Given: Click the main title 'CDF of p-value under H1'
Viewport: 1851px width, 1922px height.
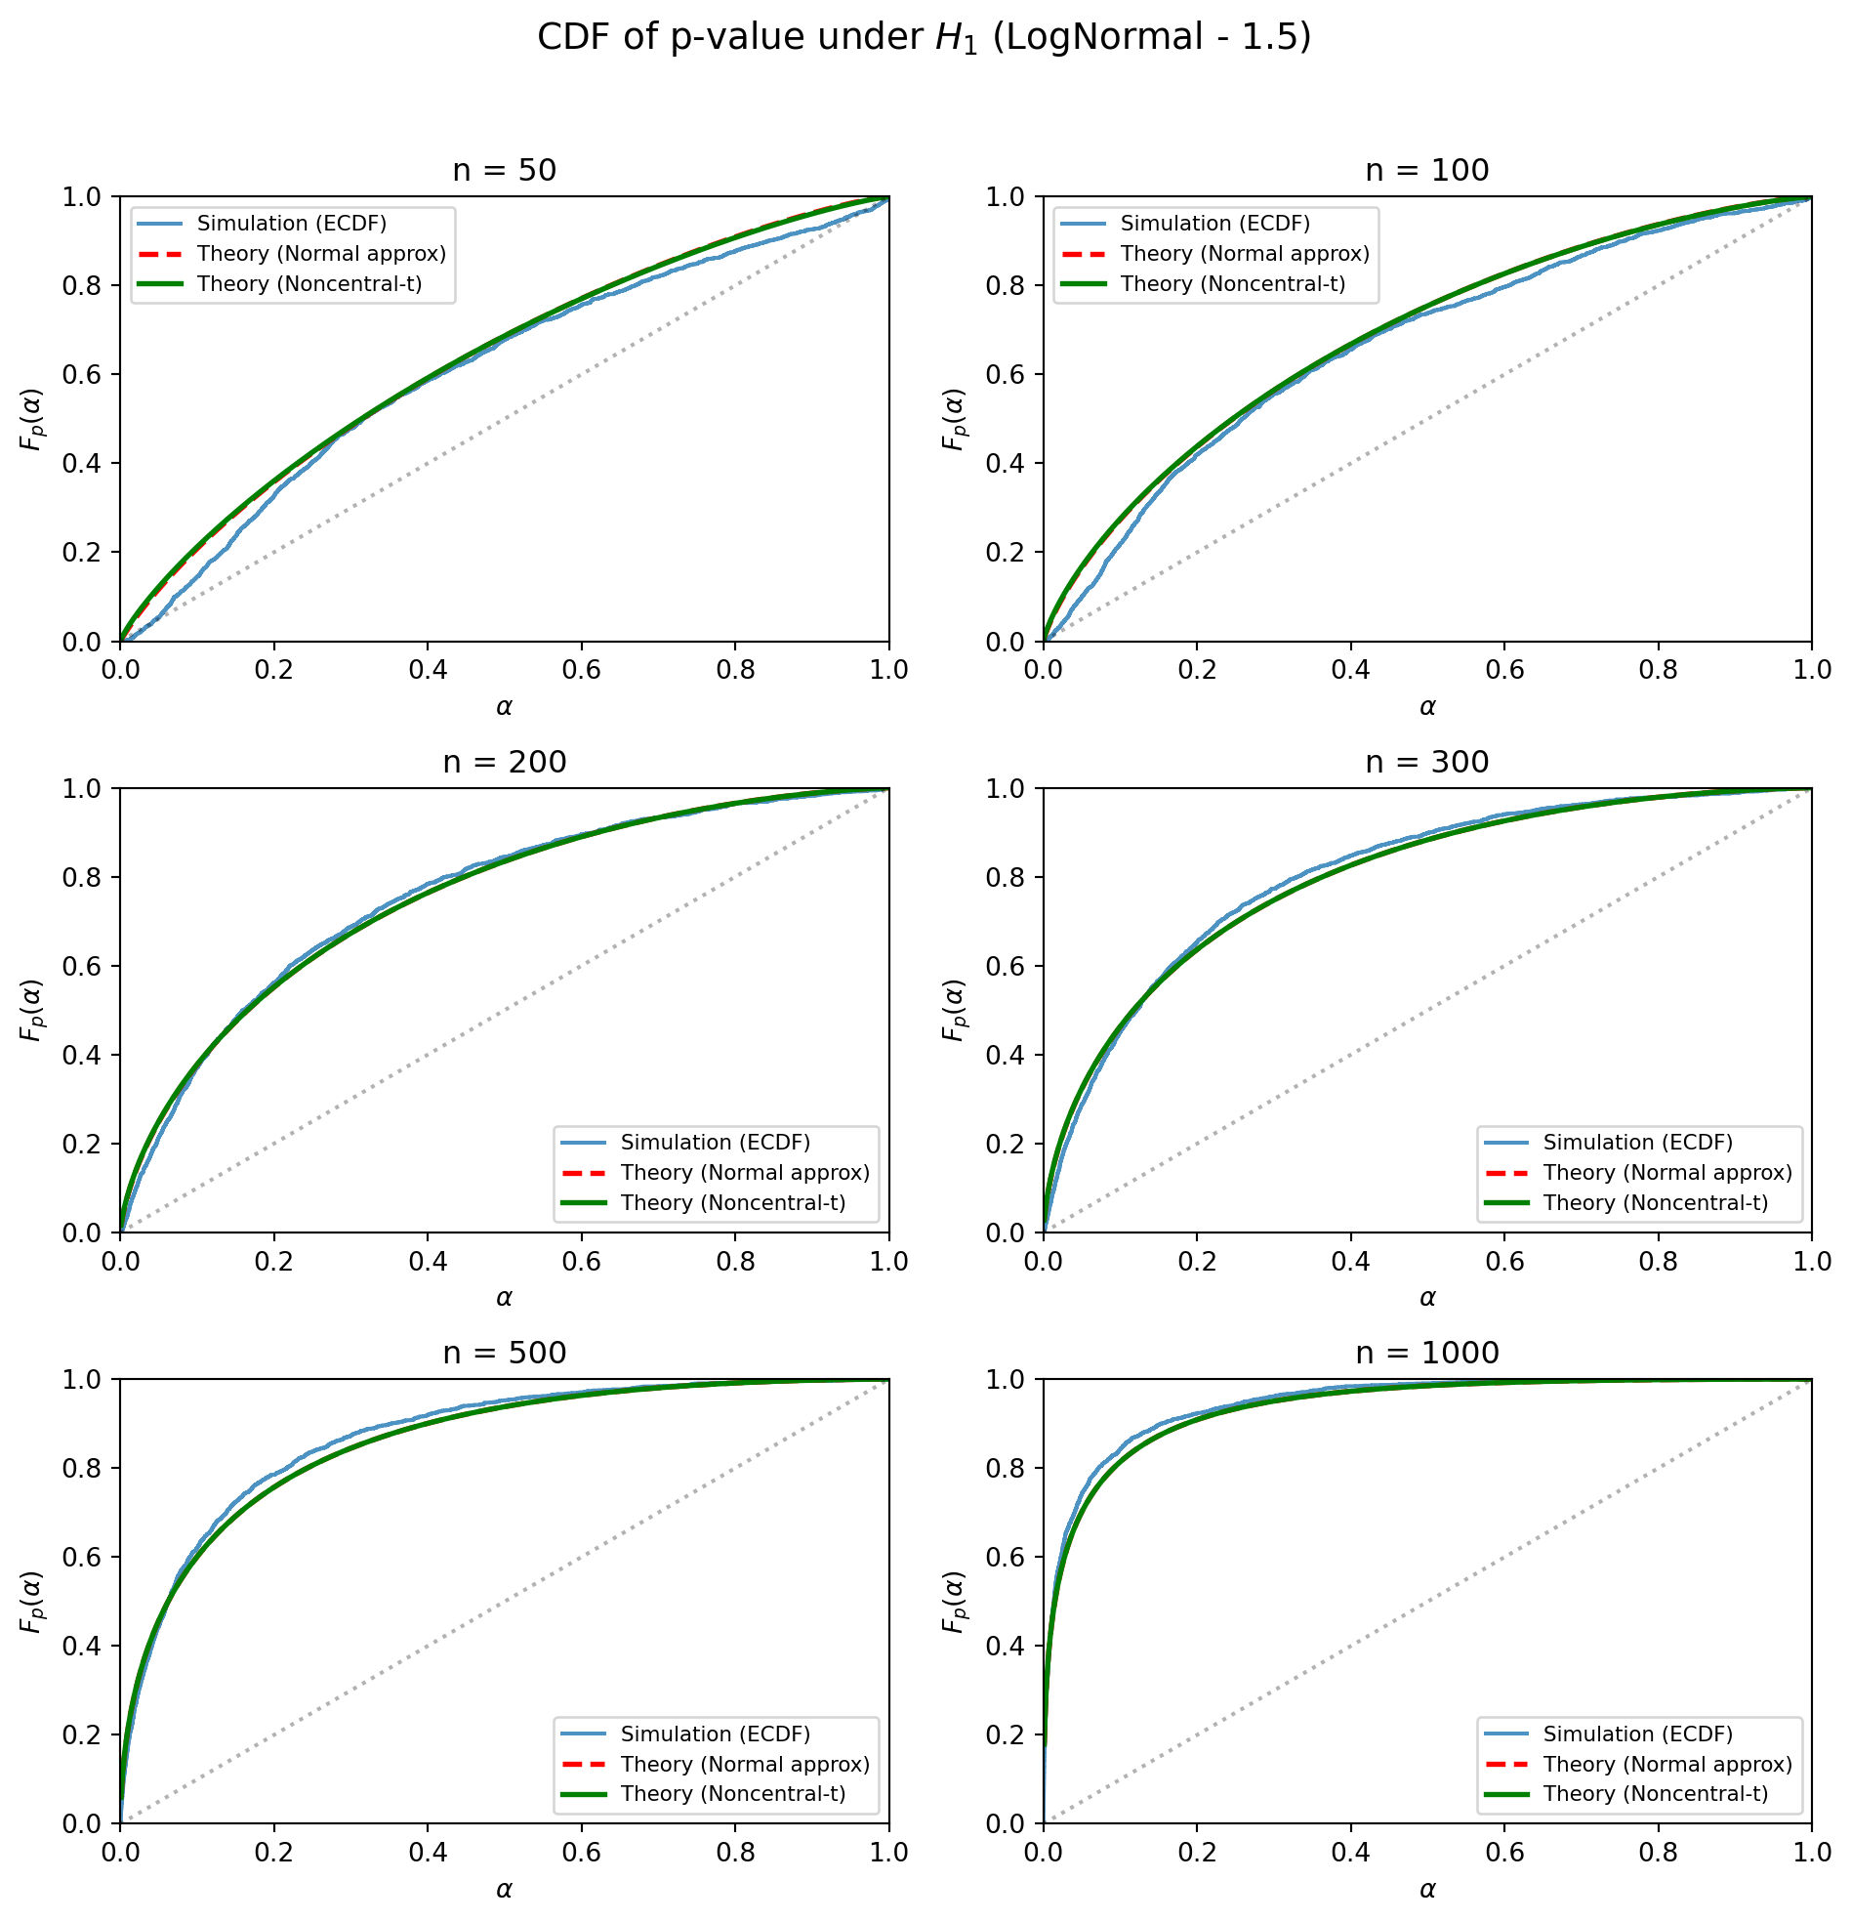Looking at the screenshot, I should [x=924, y=38].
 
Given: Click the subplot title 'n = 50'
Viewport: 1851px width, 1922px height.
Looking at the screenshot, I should [x=504, y=171].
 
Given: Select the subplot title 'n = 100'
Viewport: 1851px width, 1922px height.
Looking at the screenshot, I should [x=1426, y=171].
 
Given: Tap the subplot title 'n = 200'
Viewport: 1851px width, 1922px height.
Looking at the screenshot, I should [x=504, y=762].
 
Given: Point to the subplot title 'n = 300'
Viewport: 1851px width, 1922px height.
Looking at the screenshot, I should [x=1426, y=762].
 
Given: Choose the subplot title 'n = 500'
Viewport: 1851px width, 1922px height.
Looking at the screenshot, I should [x=504, y=1354].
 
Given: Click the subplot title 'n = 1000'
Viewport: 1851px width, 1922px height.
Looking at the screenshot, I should [x=1426, y=1354].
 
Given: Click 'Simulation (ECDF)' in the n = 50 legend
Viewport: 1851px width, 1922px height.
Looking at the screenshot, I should [x=291, y=224].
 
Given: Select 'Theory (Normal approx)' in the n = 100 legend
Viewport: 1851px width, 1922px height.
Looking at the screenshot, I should [x=1244, y=254].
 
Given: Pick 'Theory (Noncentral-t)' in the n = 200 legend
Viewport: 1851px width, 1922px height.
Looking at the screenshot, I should [x=732, y=1203].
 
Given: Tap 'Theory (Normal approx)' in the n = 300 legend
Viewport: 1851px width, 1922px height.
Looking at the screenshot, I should [x=1666, y=1173].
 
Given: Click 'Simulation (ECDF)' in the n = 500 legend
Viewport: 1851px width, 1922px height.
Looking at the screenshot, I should [x=715, y=1734].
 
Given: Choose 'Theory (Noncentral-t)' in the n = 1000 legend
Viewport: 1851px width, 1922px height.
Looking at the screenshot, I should [x=1655, y=1794].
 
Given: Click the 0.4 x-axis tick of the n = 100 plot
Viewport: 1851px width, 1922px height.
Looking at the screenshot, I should [x=1350, y=670].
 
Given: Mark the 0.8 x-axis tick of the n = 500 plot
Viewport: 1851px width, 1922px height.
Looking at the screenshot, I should [x=735, y=1853].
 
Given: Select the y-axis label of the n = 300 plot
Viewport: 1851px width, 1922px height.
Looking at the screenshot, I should [x=953, y=1010].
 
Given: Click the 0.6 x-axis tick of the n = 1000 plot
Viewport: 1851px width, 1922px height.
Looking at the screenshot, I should [x=1503, y=1853].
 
